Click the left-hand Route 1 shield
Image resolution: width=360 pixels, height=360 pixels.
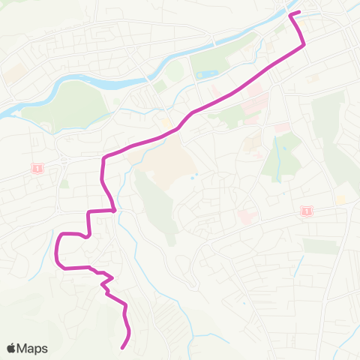(x=36, y=168)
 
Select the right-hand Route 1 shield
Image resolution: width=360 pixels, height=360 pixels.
(x=304, y=212)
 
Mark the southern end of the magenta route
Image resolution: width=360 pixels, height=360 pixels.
(x=122, y=347)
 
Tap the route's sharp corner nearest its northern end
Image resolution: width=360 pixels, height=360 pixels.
(x=304, y=45)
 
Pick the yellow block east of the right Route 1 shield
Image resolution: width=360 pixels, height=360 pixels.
(x=340, y=200)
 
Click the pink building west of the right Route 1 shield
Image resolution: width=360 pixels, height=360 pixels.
(x=245, y=217)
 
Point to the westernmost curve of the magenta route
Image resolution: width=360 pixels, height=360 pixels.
(x=57, y=251)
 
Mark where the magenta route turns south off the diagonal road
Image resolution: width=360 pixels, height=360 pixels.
(x=103, y=158)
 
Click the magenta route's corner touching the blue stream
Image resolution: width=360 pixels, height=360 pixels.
(x=113, y=211)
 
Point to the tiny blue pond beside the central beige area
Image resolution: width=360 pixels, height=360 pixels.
(x=194, y=178)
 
